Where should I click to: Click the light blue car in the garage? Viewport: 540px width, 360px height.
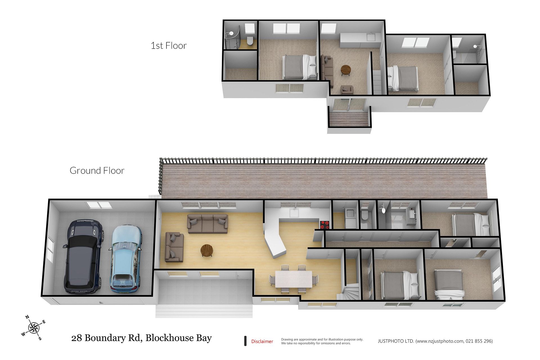pyautogui.click(x=126, y=259)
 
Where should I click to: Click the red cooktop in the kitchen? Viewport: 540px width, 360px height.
pyautogui.click(x=324, y=224)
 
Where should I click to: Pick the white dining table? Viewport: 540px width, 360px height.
pyautogui.click(x=293, y=279)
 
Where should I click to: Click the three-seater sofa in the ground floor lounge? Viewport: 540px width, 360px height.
pyautogui.click(x=208, y=224)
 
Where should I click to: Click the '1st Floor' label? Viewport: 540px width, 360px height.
pyautogui.click(x=168, y=46)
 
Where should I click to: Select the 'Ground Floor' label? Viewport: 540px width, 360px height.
pyautogui.click(x=97, y=170)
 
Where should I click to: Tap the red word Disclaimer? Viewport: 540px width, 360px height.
pyautogui.click(x=262, y=341)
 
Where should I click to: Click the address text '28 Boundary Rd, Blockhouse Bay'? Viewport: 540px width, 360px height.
pyautogui.click(x=141, y=338)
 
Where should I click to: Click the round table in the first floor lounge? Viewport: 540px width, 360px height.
pyautogui.click(x=346, y=70)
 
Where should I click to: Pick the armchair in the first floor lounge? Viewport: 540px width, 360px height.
pyautogui.click(x=347, y=90)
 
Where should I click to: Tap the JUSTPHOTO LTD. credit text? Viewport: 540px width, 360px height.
pyautogui.click(x=435, y=341)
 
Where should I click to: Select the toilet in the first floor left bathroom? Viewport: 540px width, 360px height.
pyautogui.click(x=250, y=41)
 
